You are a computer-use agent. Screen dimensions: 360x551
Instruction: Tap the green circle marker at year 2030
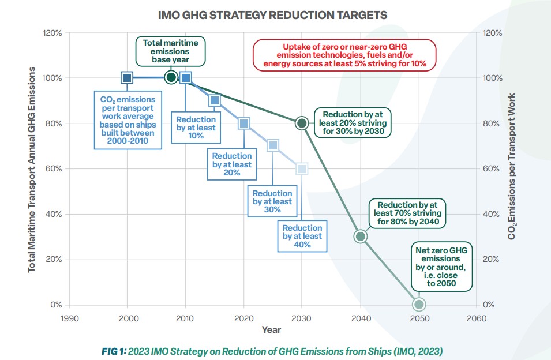pos(302,123)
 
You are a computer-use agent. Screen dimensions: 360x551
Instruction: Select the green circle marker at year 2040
pos(360,236)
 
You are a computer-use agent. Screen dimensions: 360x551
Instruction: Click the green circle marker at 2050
pos(419,304)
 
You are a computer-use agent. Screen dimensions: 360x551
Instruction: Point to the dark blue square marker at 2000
pos(127,77)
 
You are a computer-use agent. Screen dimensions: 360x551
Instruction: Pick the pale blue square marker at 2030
pos(302,168)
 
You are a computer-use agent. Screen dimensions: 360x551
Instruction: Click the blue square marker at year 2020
pos(243,123)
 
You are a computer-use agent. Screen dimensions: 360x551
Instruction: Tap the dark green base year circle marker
pos(171,77)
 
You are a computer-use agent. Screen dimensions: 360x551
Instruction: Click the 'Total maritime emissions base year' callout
pos(170,51)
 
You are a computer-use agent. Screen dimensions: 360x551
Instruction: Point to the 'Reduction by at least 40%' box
pos(302,236)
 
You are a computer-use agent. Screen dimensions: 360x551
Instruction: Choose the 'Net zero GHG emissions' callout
pos(441,268)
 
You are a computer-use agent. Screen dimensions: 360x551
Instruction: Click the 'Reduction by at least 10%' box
pos(196,127)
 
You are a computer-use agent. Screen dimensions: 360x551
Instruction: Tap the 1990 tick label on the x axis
pos(69,318)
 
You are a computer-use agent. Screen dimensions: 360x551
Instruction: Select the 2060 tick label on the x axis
pos(477,318)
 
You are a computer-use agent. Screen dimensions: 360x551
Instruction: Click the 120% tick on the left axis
pos(53,33)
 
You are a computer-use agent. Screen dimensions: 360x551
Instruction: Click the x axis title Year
pos(271,329)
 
